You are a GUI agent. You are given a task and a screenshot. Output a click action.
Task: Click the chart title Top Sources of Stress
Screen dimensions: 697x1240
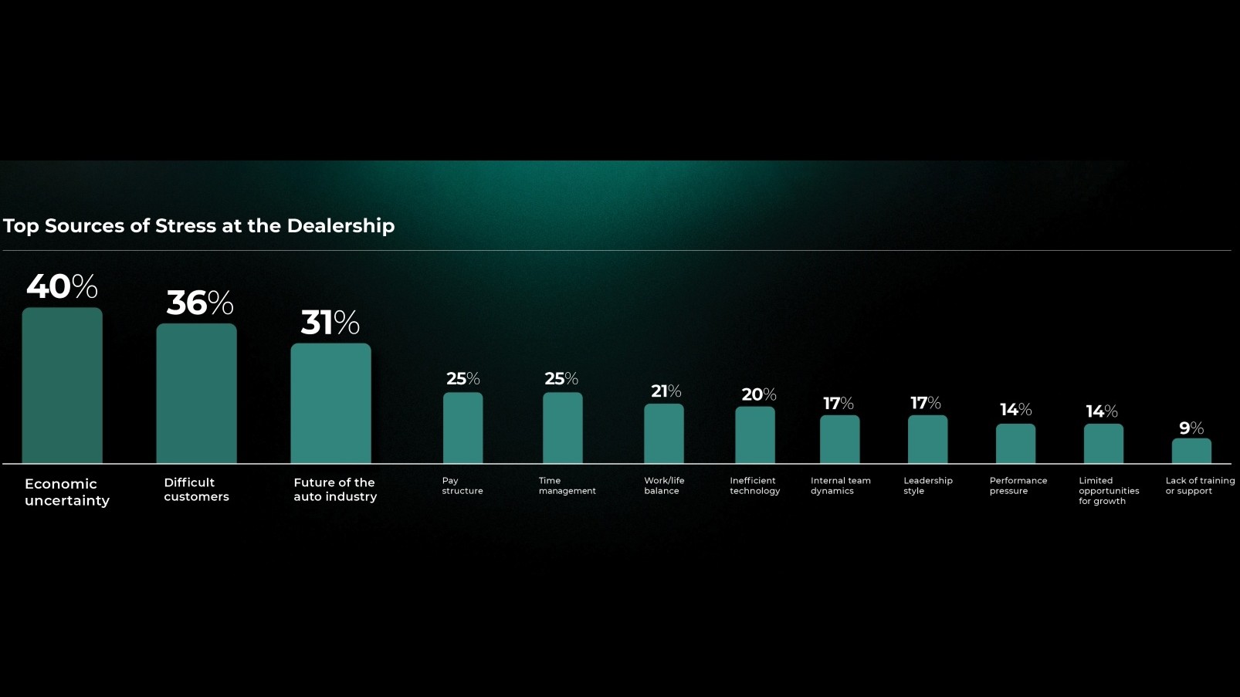199,226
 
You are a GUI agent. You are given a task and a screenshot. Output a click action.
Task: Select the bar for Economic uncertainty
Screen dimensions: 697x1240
63,386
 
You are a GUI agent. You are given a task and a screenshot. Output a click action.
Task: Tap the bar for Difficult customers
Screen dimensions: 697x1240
197,394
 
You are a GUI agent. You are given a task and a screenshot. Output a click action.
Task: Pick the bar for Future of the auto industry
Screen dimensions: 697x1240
330,404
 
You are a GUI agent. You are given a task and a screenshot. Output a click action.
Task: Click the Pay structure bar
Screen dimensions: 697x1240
462,428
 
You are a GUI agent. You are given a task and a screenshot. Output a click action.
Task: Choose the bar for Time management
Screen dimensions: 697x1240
563,428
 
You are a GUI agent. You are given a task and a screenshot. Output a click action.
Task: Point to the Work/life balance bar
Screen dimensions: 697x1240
664,434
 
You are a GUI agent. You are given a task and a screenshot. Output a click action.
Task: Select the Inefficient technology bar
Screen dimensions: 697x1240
755,435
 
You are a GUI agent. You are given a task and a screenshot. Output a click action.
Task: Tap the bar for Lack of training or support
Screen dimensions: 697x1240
1191,451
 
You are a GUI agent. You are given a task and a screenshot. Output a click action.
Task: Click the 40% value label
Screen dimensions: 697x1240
62,287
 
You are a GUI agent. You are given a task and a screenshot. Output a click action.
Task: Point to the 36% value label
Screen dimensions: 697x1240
200,303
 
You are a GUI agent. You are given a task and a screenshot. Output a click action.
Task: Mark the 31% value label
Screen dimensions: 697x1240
330,323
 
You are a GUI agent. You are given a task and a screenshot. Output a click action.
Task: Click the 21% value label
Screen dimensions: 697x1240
666,391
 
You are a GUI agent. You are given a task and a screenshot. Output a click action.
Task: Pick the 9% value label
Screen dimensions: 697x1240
1191,428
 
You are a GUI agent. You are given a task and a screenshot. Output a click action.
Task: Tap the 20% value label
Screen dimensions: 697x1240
759,394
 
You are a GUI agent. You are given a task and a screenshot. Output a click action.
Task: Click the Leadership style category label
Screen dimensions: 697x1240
927,486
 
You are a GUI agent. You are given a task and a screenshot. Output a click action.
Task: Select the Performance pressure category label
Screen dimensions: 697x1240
1018,486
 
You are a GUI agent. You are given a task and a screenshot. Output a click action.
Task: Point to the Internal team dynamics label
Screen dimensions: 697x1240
840,486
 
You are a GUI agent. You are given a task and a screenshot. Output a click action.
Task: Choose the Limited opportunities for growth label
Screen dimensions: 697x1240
1108,491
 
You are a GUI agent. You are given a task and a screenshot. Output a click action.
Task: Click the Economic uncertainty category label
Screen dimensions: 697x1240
67,492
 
